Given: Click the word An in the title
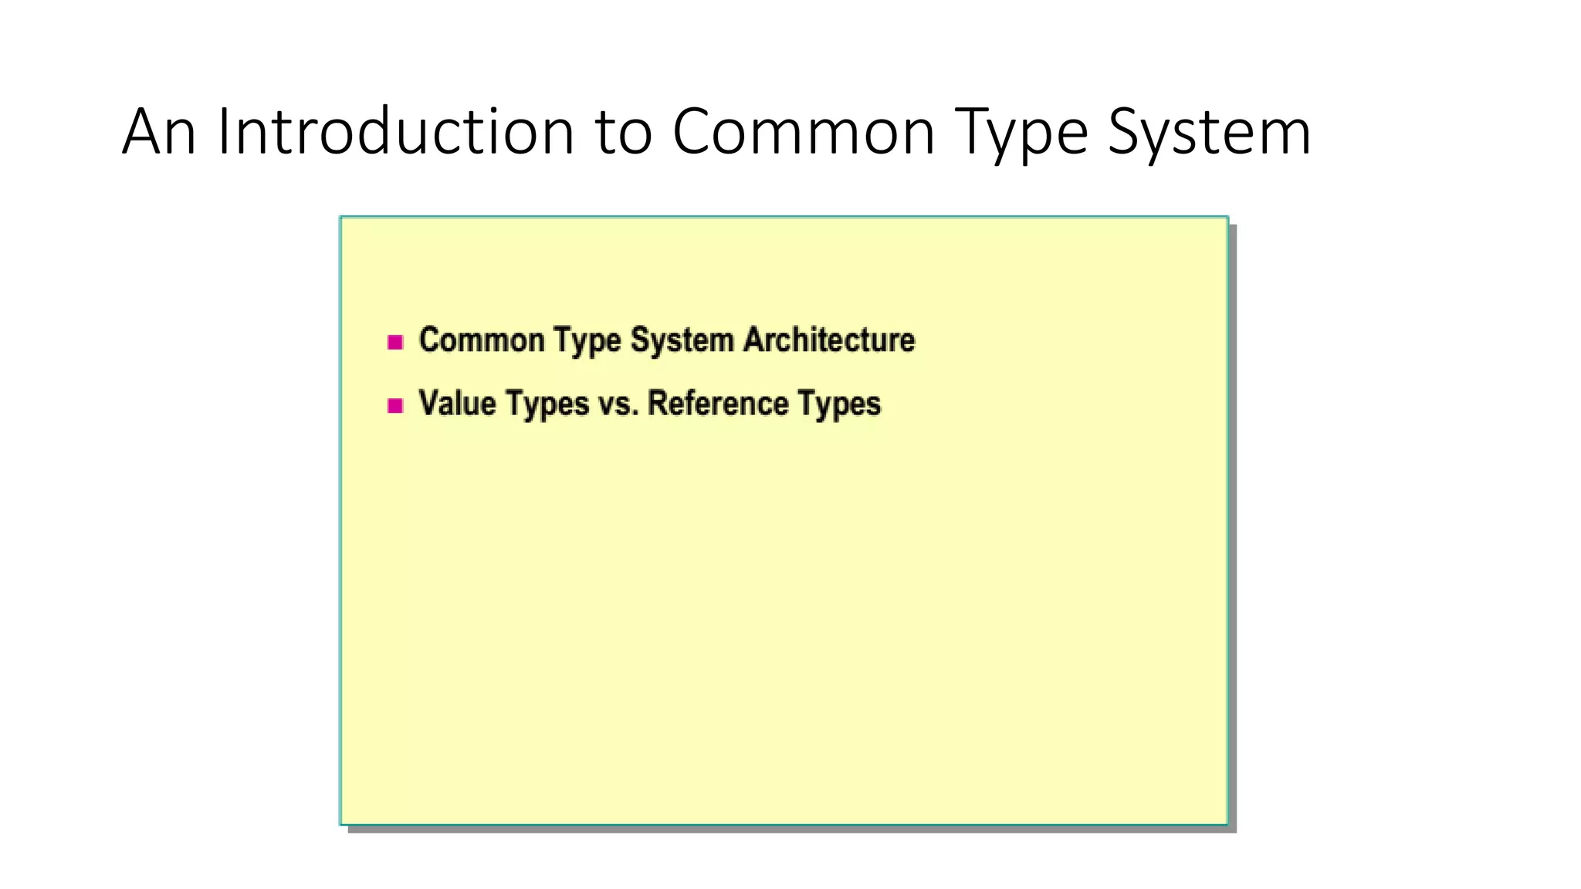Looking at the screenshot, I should (158, 133).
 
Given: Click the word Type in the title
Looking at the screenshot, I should (1021, 133).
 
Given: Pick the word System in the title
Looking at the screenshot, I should (1209, 133).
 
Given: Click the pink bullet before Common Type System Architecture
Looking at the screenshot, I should (395, 342).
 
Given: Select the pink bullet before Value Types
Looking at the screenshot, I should (395, 405).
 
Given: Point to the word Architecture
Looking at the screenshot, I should (829, 340).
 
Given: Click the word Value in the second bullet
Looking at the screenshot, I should (457, 404).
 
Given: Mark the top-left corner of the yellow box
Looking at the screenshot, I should (341, 218).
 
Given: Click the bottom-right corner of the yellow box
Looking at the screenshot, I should (1227, 824).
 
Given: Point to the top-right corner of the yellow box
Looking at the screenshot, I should (1227, 218).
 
